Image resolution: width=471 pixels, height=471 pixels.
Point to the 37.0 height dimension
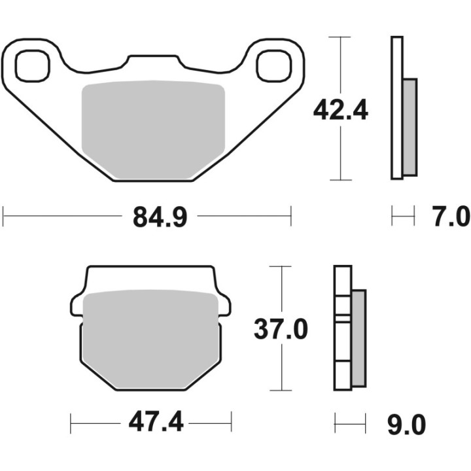tap(280, 328)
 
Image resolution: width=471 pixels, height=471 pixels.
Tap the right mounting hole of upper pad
tap(273, 66)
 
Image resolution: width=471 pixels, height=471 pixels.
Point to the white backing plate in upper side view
tap(396, 108)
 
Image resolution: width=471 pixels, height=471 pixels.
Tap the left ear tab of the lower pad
tap(77, 305)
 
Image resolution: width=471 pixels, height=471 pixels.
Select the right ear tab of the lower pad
tap(224, 305)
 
